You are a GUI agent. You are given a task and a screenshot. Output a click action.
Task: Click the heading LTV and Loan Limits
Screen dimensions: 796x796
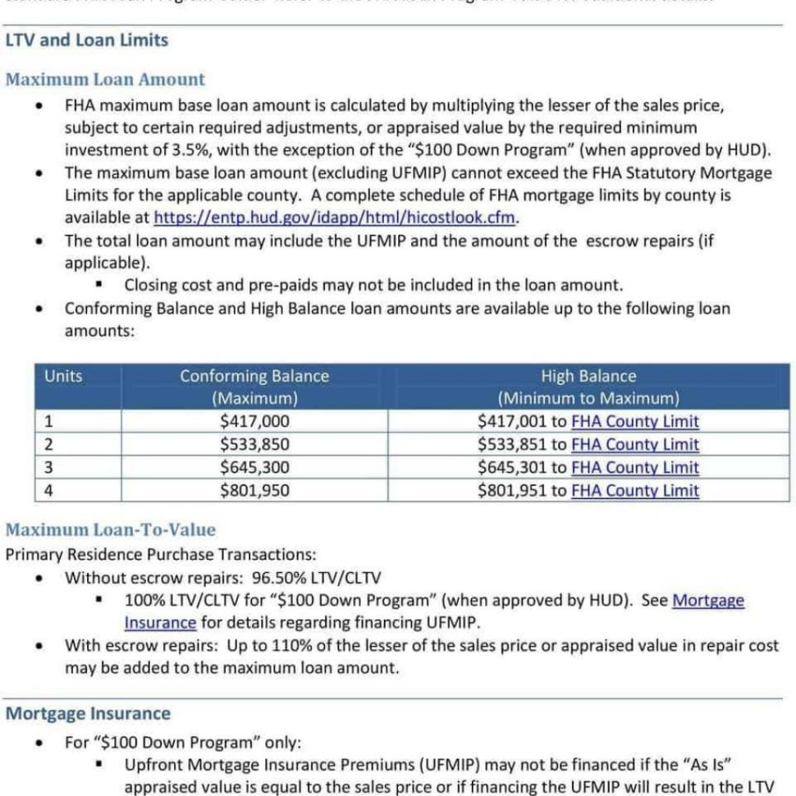click(x=86, y=40)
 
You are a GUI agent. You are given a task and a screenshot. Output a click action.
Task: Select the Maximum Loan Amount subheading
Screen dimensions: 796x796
click(x=105, y=80)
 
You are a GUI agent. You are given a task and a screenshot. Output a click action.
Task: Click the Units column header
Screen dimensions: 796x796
click(x=63, y=377)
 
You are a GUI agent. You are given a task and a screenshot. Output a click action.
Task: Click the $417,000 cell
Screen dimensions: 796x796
click(x=254, y=422)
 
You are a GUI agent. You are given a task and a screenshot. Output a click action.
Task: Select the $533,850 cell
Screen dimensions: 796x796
click(x=254, y=445)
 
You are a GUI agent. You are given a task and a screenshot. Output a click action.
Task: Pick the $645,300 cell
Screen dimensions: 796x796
click(x=254, y=468)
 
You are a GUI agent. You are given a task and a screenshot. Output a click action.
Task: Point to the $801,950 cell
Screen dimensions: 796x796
click(x=254, y=491)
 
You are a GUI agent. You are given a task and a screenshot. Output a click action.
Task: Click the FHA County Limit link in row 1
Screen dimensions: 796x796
click(x=634, y=422)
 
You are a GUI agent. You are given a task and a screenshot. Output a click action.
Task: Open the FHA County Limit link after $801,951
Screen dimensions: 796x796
click(x=634, y=491)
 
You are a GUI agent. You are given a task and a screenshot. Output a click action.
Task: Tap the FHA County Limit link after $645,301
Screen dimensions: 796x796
click(x=634, y=468)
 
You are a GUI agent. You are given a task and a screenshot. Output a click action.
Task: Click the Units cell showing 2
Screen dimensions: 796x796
click(x=48, y=445)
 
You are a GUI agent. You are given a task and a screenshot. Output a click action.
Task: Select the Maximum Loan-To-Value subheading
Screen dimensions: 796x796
click(x=110, y=530)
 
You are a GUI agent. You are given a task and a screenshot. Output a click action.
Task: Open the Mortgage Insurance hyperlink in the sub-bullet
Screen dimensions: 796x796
click(x=707, y=600)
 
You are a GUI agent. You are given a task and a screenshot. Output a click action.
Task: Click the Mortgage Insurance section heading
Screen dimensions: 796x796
click(x=88, y=713)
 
